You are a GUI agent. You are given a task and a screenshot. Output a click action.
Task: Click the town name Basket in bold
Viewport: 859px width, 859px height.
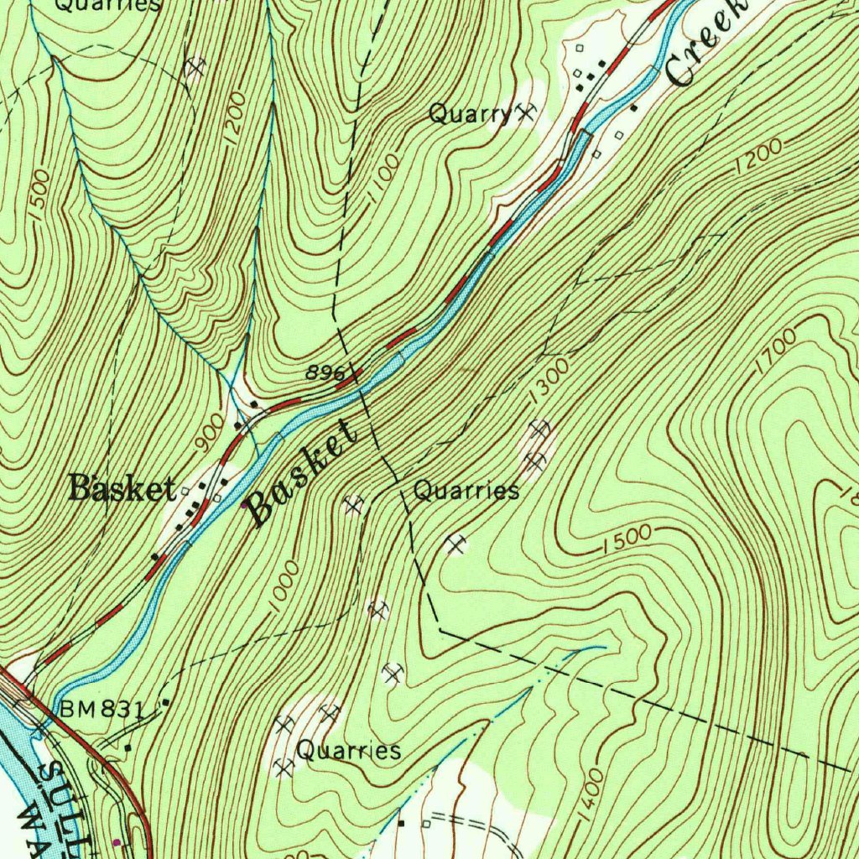(x=122, y=487)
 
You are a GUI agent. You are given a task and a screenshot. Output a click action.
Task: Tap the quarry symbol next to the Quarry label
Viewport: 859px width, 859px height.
(x=526, y=111)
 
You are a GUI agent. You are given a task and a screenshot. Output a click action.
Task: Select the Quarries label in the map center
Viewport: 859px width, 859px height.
(x=466, y=491)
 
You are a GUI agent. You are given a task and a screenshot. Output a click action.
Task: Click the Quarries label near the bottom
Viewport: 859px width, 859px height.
(x=349, y=750)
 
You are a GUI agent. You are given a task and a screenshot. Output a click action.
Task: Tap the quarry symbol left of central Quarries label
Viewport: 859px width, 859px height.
(x=354, y=503)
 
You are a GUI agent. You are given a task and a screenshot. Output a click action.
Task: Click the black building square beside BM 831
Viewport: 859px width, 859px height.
(x=166, y=701)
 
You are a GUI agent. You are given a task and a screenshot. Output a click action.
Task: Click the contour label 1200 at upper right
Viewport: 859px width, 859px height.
(x=757, y=157)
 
